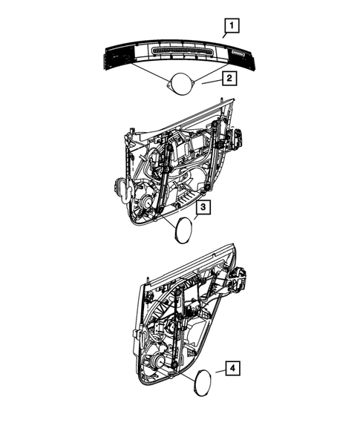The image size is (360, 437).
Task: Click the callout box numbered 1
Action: tap(232, 28)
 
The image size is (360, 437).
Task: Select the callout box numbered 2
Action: tap(231, 77)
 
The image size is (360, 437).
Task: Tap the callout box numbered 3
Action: tap(203, 208)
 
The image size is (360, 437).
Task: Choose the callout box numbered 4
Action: tap(232, 367)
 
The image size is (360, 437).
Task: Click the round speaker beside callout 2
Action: tap(179, 83)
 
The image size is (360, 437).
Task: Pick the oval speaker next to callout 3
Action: tap(182, 230)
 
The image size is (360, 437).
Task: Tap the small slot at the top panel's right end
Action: tap(238, 53)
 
